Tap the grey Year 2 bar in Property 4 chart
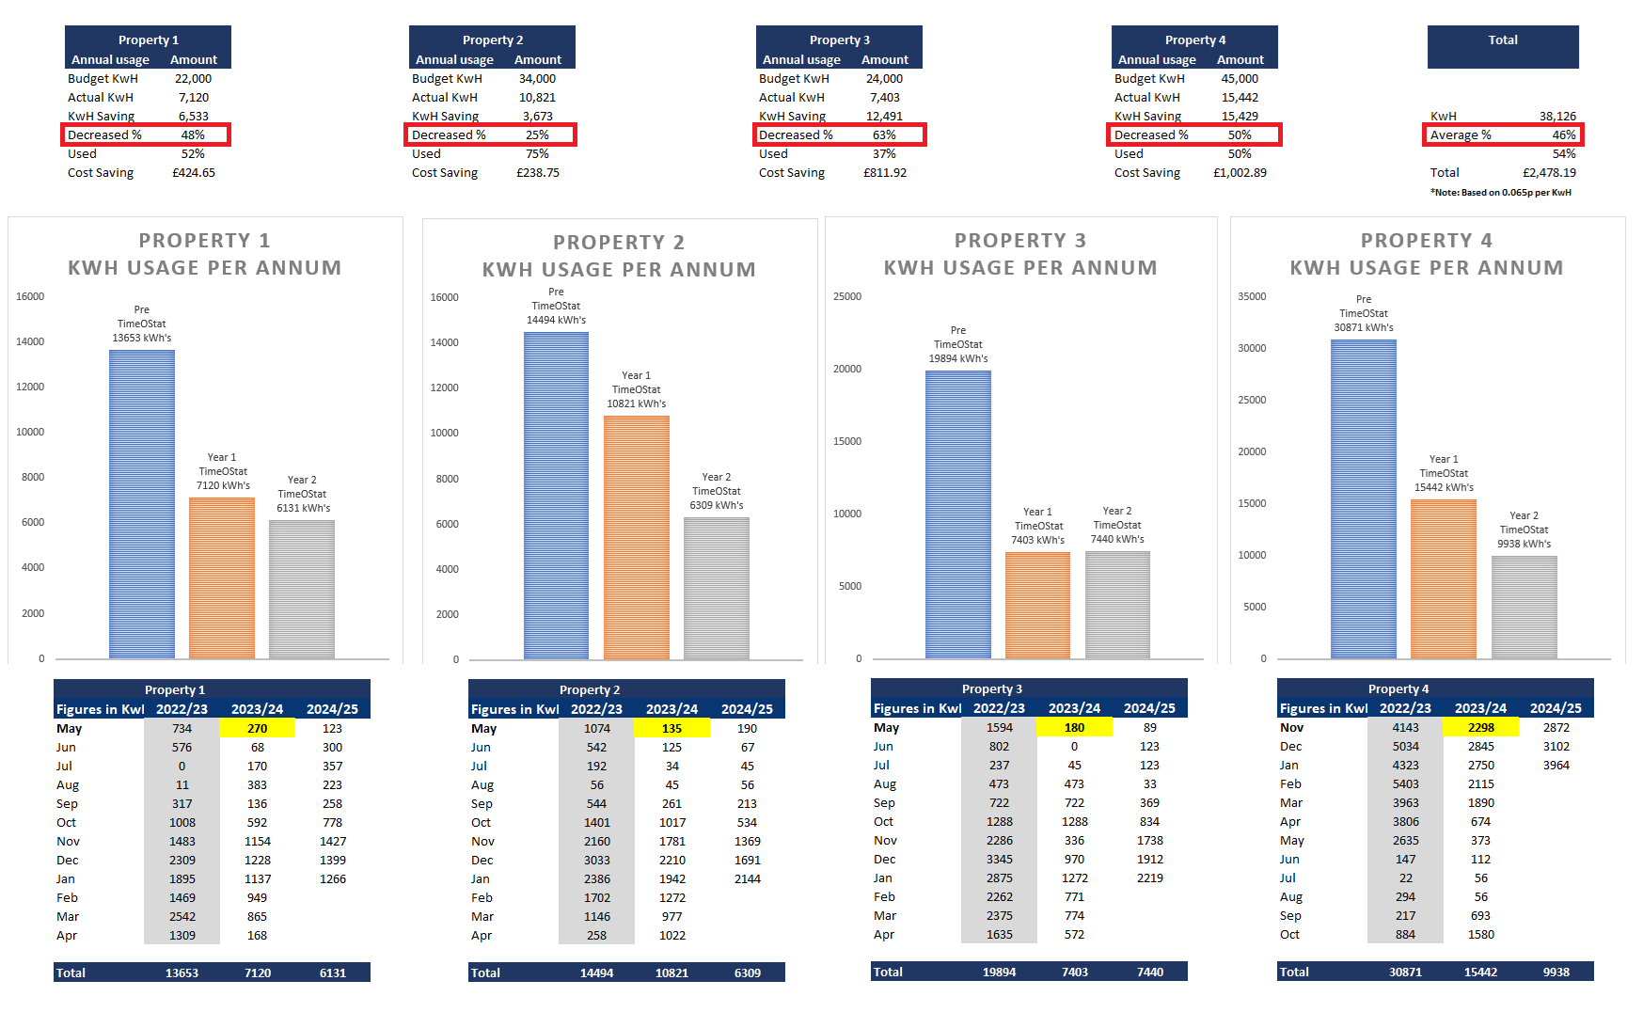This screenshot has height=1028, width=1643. (x=1524, y=607)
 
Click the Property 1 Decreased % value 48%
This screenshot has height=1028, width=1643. (x=193, y=134)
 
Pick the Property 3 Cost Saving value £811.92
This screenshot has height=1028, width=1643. (x=884, y=172)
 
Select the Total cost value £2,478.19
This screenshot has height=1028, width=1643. (x=1549, y=172)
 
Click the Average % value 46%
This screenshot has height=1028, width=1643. (x=1563, y=134)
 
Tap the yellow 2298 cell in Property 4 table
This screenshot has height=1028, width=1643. (x=1480, y=727)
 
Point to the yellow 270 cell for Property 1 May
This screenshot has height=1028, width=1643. (x=257, y=728)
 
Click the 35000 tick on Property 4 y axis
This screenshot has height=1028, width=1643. (x=1251, y=296)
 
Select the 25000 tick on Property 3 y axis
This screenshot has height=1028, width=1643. (x=846, y=296)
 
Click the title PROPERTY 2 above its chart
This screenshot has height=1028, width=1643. (x=618, y=243)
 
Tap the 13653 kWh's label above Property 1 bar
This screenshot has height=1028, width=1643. (x=142, y=338)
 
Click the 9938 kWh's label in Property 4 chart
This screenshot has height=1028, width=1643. (x=1524, y=544)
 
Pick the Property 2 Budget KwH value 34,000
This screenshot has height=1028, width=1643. (x=537, y=78)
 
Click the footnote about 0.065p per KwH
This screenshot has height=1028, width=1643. (x=1500, y=192)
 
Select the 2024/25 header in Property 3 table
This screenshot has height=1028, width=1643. (x=1149, y=708)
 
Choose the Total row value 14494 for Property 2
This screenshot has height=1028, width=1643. (x=596, y=973)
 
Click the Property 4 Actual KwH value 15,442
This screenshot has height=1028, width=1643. (x=1240, y=97)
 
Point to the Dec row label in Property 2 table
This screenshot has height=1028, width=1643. (x=482, y=860)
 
